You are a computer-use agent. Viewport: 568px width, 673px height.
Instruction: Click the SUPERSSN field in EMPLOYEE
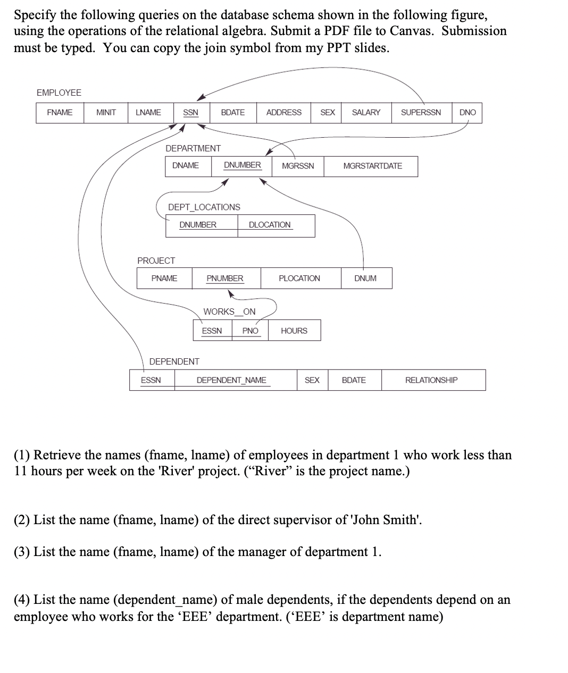coord(421,113)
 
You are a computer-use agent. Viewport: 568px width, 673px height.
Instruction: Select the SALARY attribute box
coord(366,113)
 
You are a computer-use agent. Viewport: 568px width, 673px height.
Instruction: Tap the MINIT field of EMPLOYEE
coord(106,113)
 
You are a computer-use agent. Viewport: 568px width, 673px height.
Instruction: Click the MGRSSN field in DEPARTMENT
coord(298,166)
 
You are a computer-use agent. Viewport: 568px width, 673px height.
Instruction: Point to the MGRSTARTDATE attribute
coord(372,166)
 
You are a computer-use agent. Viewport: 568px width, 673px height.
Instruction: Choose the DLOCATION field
coord(270,225)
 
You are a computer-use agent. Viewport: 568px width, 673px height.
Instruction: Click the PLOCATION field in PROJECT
coord(299,279)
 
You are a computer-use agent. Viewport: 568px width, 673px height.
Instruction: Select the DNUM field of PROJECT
coord(365,279)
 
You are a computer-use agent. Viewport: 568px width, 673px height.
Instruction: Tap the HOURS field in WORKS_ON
coord(294,331)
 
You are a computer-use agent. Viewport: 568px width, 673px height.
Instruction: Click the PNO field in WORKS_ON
coord(250,331)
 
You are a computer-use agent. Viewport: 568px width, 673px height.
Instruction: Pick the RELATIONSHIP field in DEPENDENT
coord(431,380)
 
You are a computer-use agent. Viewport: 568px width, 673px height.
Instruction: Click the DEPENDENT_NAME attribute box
coord(231,380)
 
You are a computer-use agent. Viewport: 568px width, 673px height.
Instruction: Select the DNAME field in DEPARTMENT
coord(186,165)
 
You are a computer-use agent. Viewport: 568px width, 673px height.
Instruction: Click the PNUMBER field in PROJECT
coord(225,279)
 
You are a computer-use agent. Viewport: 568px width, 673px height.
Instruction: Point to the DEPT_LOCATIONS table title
coord(204,207)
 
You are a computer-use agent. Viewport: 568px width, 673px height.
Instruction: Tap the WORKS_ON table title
coord(229,312)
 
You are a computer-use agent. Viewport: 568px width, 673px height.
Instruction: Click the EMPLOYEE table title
coord(59,92)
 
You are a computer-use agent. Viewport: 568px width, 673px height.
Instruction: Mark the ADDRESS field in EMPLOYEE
coord(283,113)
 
